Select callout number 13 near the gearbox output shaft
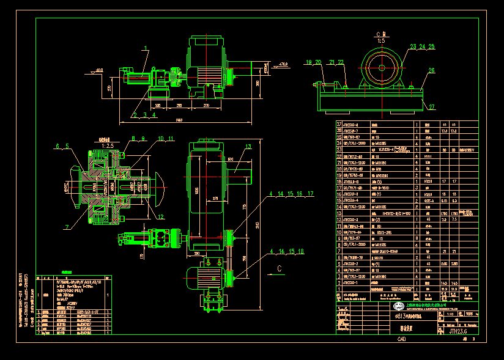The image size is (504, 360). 249,146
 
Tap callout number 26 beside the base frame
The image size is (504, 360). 431,70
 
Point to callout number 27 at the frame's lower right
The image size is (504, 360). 431,107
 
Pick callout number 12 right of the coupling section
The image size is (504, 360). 160,216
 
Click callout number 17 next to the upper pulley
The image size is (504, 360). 310,194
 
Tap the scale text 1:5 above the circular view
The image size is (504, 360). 380,40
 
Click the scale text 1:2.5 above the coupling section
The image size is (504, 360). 107,145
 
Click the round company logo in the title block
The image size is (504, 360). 398,306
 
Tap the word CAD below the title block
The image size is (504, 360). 401,339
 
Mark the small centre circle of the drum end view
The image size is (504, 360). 381,68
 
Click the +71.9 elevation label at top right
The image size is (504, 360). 283,64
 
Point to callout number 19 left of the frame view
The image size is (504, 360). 309,62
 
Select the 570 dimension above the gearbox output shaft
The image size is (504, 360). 231,160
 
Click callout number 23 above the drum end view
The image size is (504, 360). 413,46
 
